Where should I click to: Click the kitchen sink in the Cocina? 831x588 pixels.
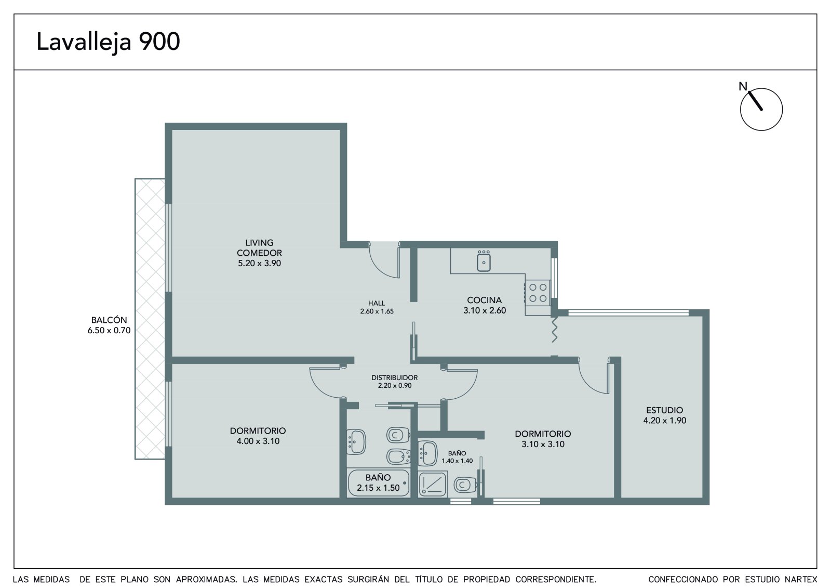pyautogui.click(x=484, y=260)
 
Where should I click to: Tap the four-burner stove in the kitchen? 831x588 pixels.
pyautogui.click(x=538, y=292)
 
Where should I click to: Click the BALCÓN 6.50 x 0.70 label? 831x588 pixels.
pyautogui.click(x=109, y=325)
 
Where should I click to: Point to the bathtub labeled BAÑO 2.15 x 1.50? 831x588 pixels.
pyautogui.click(x=379, y=482)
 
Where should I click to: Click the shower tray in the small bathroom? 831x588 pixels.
pyautogui.click(x=432, y=484)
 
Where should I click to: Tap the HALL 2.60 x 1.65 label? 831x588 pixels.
pyautogui.click(x=377, y=307)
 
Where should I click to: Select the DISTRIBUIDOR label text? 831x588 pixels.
pyautogui.click(x=394, y=377)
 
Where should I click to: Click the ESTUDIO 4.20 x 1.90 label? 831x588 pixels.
pyautogui.click(x=664, y=415)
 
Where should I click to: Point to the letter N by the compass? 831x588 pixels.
pyautogui.click(x=743, y=86)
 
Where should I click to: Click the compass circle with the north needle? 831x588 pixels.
pyautogui.click(x=761, y=109)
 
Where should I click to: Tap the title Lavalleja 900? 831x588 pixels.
pyautogui.click(x=108, y=42)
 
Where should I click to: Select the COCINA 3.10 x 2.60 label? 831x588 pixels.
pyautogui.click(x=485, y=305)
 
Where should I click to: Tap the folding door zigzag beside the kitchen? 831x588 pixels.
pyautogui.click(x=554, y=330)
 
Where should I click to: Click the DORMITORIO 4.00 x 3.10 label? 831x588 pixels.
pyautogui.click(x=258, y=436)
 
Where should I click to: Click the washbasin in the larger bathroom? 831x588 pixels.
pyautogui.click(x=356, y=442)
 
